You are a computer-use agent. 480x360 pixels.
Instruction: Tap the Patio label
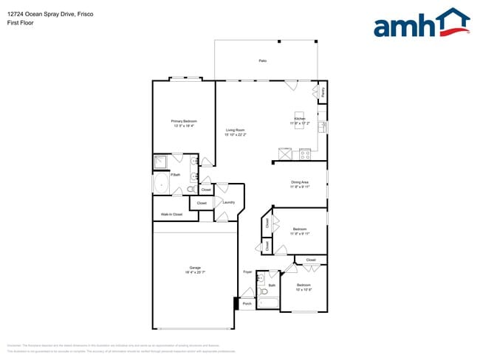tap(262, 60)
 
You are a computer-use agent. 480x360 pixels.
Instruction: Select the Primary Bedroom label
tap(184, 121)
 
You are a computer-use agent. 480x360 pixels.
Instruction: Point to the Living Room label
tap(235, 131)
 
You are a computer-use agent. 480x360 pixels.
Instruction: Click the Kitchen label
tap(299, 118)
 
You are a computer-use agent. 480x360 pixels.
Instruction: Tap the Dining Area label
tap(299, 182)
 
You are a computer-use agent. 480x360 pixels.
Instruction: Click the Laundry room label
tap(229, 202)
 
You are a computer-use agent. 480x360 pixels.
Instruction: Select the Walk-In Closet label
tap(172, 215)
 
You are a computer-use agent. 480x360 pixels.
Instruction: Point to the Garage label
tap(195, 267)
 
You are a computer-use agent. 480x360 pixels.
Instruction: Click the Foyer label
tap(247, 272)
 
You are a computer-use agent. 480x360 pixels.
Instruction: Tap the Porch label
tap(247, 303)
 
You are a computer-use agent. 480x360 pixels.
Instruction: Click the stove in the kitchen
tap(304, 154)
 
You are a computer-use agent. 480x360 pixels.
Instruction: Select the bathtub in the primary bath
tap(161, 184)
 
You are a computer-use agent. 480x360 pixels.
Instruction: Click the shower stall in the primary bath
tap(162, 162)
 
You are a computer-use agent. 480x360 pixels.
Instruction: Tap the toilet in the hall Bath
tap(265, 291)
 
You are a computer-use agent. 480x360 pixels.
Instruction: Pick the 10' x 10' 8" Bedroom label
tap(304, 285)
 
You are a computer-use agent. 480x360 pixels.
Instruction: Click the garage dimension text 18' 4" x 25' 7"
tap(195, 272)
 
